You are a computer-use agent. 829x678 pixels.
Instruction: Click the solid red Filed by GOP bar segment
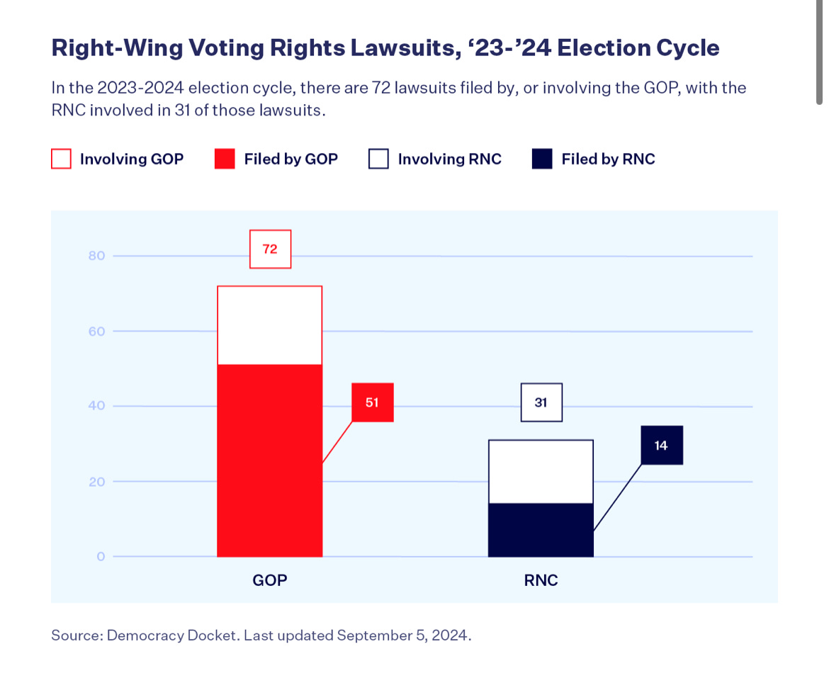click(x=269, y=461)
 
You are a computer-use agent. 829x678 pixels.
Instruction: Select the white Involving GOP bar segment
click(x=269, y=325)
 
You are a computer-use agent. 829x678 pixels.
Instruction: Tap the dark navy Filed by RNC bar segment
click(x=541, y=529)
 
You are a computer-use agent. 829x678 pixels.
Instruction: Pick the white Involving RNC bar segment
click(x=541, y=471)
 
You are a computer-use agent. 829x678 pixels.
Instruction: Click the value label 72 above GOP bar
click(x=270, y=249)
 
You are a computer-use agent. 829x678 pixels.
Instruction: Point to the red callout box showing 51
click(x=373, y=402)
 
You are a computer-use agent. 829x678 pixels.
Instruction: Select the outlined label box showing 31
click(x=541, y=402)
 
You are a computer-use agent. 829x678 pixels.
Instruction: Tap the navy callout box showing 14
click(x=661, y=446)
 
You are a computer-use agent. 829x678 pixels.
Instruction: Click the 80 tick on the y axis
click(x=97, y=256)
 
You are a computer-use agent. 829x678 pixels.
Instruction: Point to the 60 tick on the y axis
click(x=97, y=331)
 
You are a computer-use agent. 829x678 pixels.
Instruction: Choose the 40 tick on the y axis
click(x=97, y=406)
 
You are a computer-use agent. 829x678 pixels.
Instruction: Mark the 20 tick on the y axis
click(x=97, y=482)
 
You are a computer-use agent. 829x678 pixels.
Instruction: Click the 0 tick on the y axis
click(x=101, y=557)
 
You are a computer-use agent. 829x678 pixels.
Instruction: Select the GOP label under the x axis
click(x=270, y=580)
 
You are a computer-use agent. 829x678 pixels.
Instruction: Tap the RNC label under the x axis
click(x=541, y=580)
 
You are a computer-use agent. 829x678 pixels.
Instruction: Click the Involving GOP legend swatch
click(x=62, y=159)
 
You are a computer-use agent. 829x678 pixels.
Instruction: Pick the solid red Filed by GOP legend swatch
click(x=225, y=159)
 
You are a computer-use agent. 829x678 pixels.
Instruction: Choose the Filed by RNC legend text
click(x=608, y=159)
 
